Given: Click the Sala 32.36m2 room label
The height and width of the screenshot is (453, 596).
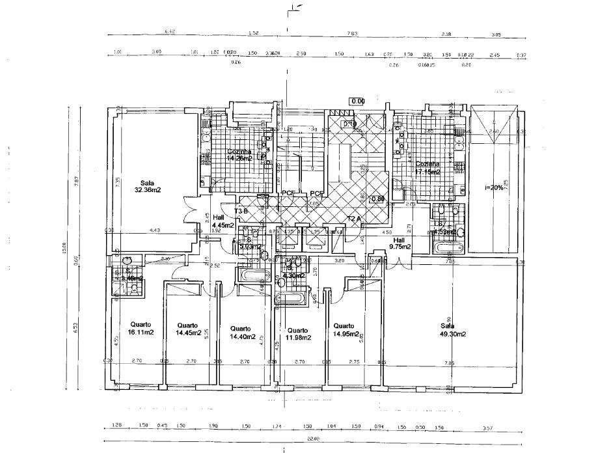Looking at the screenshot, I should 148,186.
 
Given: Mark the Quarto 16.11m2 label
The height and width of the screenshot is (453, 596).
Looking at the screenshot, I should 141,329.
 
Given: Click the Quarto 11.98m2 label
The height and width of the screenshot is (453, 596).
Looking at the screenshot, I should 297,333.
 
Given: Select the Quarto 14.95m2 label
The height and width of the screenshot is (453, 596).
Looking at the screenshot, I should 345,330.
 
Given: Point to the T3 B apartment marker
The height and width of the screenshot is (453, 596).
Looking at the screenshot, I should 241,212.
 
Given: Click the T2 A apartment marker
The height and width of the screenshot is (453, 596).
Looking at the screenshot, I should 355,218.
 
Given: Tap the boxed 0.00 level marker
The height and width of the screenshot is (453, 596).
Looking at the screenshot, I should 357,102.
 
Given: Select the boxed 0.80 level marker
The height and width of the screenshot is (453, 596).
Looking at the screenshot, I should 377,200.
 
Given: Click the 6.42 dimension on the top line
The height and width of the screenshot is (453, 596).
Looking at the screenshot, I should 170,32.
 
